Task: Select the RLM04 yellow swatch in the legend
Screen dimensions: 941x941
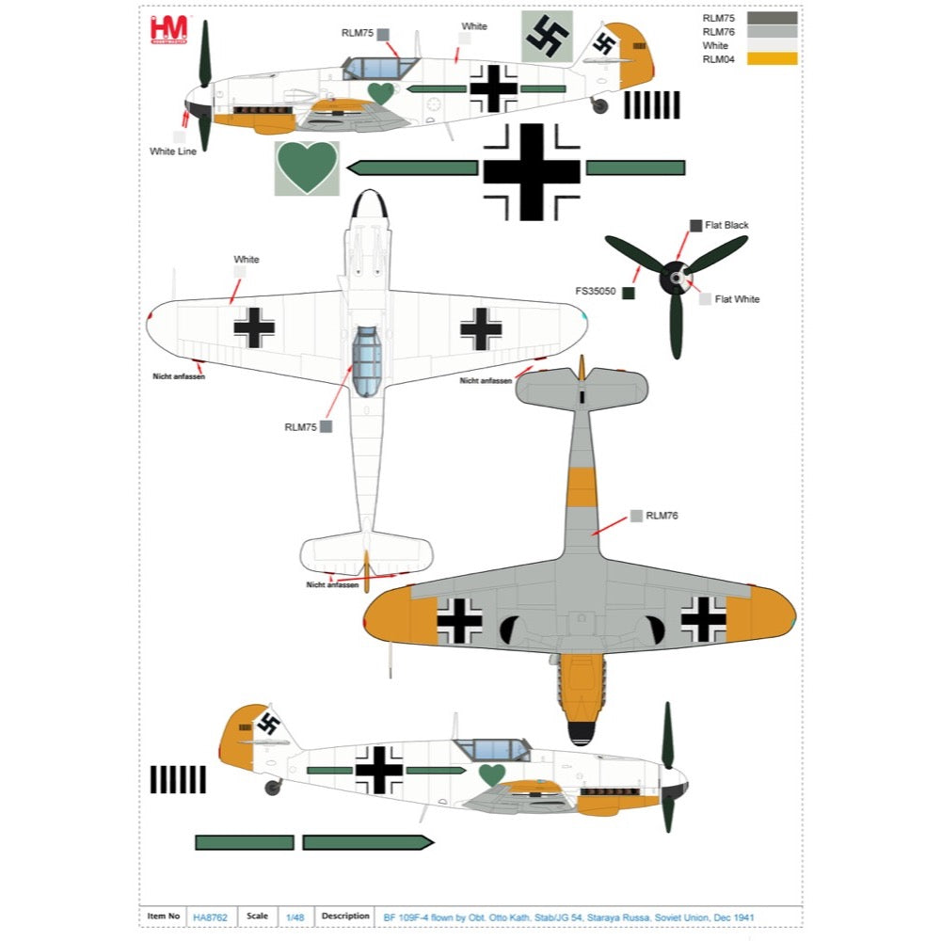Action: click(772, 59)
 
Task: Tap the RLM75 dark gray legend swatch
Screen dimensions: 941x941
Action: click(772, 18)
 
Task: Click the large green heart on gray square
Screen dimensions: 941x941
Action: click(307, 168)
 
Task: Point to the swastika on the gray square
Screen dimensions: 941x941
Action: click(547, 37)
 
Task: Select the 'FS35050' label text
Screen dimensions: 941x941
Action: click(596, 292)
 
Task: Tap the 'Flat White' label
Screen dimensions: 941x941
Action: click(737, 299)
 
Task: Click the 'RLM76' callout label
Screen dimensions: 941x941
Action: click(662, 516)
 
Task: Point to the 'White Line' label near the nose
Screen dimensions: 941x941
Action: click(173, 152)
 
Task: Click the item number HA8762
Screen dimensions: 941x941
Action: click(211, 917)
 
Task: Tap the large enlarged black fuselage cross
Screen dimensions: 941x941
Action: click(532, 171)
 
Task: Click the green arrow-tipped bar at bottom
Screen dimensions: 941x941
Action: click(367, 842)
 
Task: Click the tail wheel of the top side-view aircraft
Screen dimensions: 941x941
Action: click(600, 105)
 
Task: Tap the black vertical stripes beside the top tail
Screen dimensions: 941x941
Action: click(651, 104)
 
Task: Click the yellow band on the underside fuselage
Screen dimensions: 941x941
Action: click(582, 486)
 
